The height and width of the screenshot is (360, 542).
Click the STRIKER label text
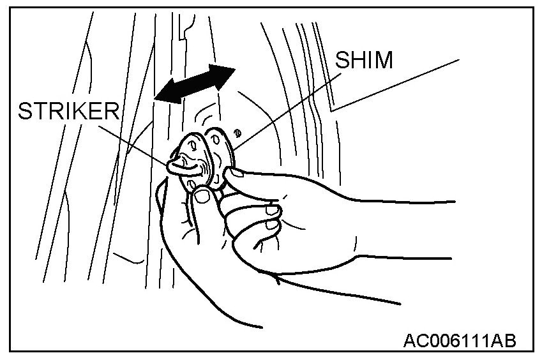pos(68,111)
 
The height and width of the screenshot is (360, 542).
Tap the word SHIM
pos(364,61)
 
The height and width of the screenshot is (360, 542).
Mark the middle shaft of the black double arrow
pos(194,84)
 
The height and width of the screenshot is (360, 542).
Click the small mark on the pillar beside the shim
pos(238,133)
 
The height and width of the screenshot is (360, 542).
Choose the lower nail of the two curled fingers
pos(271,224)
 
